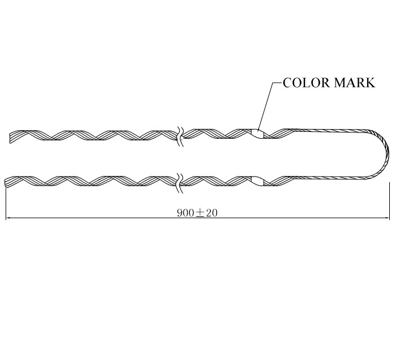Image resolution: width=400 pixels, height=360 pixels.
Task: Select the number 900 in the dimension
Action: [186, 213]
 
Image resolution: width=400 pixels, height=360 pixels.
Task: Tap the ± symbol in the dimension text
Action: [200, 213]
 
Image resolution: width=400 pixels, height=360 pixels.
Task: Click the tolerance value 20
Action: [212, 213]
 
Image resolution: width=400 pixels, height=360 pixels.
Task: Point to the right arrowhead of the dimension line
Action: [387, 218]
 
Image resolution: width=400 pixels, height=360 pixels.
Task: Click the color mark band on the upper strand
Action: [257, 134]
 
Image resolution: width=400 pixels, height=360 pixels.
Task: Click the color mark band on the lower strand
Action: [257, 181]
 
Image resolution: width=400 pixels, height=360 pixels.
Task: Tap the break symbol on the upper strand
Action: [180, 136]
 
